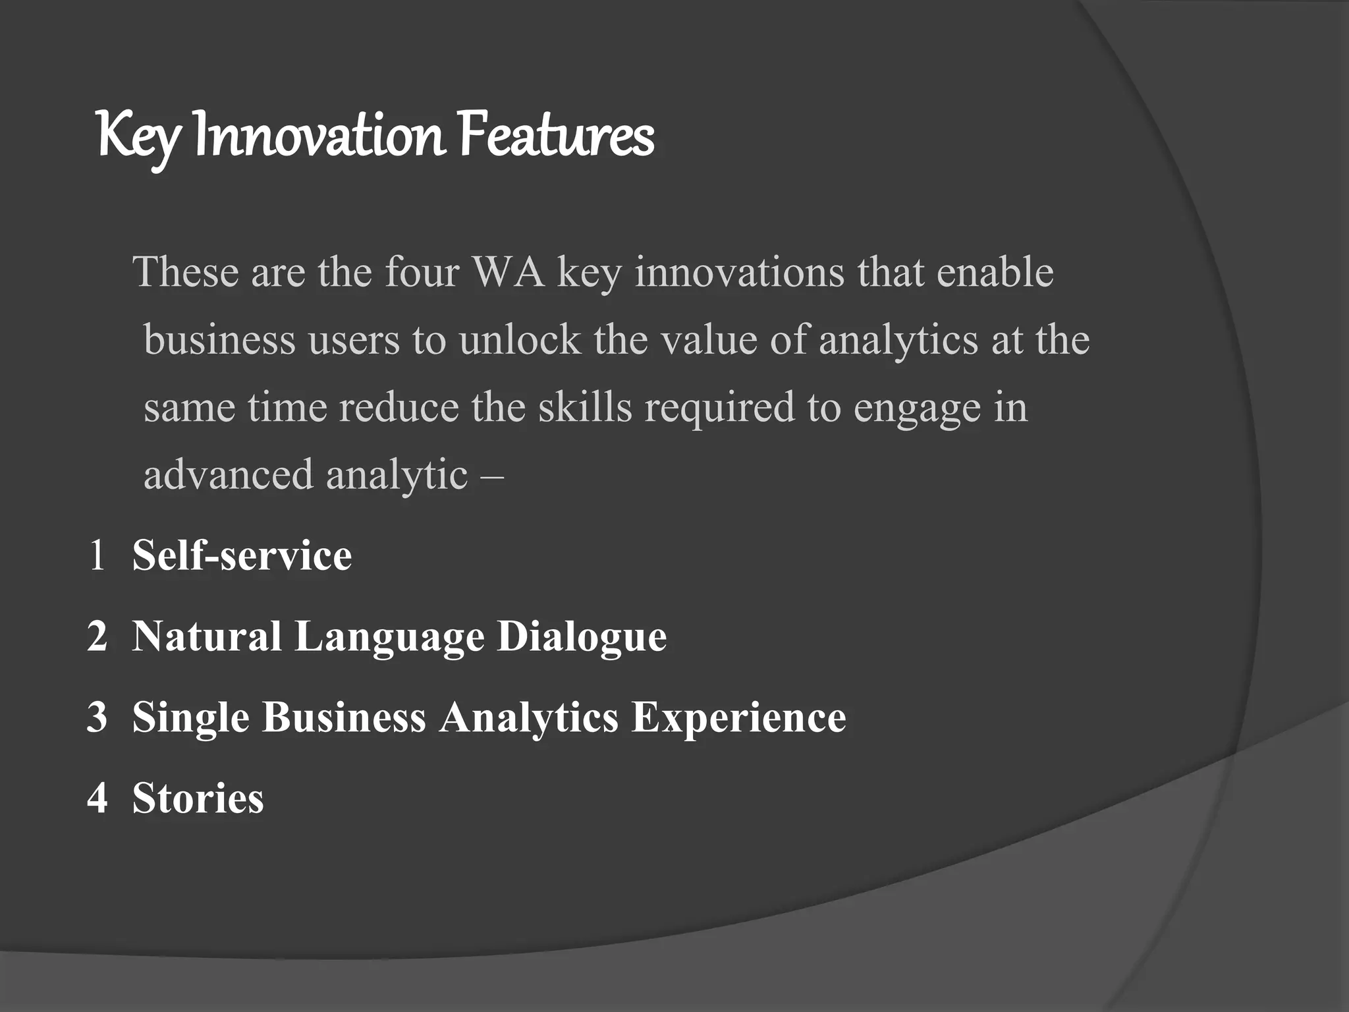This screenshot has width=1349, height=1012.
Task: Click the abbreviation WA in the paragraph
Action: tap(509, 271)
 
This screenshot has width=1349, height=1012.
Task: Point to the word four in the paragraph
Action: tap(422, 271)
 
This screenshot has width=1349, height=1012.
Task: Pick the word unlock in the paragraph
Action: tap(520, 340)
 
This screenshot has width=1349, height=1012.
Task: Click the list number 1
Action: tap(97, 555)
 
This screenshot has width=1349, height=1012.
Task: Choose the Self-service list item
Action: tap(242, 555)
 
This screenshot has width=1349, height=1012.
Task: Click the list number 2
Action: tap(97, 636)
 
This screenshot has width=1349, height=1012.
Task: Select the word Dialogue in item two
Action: tap(581, 636)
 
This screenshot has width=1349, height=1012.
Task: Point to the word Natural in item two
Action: tap(207, 636)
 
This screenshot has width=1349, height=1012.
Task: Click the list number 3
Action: tap(97, 717)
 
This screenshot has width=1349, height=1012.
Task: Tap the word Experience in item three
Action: tap(738, 717)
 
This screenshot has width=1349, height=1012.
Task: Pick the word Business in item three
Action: tap(344, 717)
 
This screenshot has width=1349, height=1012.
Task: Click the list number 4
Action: tap(97, 798)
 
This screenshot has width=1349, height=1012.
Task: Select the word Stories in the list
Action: tap(198, 798)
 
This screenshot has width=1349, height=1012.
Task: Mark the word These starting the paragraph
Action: tap(185, 271)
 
